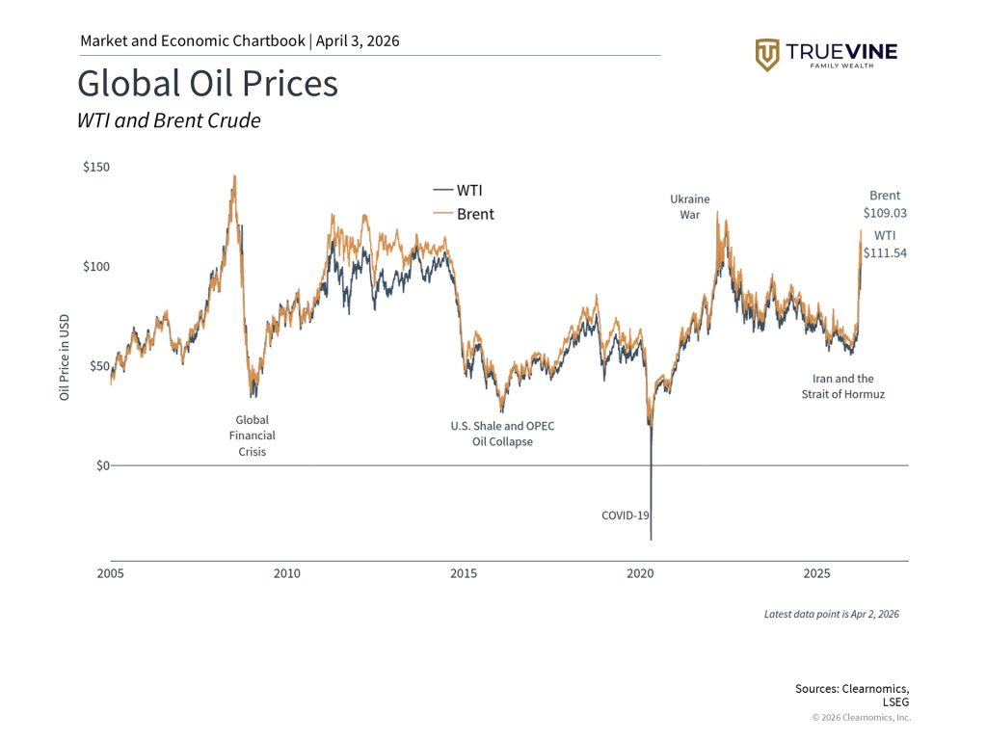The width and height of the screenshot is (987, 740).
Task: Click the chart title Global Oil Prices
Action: pyautogui.click(x=207, y=84)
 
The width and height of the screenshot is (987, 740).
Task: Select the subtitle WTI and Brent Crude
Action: pyautogui.click(x=169, y=121)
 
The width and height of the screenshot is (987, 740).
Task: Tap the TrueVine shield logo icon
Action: pyautogui.click(x=767, y=55)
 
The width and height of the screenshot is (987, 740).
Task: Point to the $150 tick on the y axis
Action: pyautogui.click(x=96, y=167)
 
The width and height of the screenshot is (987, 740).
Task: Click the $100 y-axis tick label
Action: pyautogui.click(x=96, y=266)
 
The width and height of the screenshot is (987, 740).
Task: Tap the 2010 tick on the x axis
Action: pyautogui.click(x=286, y=573)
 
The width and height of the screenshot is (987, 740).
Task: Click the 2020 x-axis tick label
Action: pyautogui.click(x=640, y=573)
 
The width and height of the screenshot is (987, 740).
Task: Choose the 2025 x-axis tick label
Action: pyautogui.click(x=816, y=573)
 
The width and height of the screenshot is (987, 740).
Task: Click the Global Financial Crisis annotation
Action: pyautogui.click(x=252, y=436)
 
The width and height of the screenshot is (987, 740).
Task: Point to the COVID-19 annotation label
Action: pyautogui.click(x=626, y=515)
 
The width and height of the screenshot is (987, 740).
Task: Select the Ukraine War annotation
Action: pyautogui.click(x=690, y=207)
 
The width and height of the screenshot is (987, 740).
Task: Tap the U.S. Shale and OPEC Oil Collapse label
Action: pyautogui.click(x=502, y=434)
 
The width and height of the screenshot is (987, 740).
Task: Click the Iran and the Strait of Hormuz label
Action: pyautogui.click(x=842, y=386)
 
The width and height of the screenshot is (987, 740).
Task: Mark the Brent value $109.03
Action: pyautogui.click(x=885, y=213)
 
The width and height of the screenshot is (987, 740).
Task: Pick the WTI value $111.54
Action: pyautogui.click(x=885, y=252)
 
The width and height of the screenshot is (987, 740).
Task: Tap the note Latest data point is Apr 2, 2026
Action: pyautogui.click(x=831, y=614)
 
